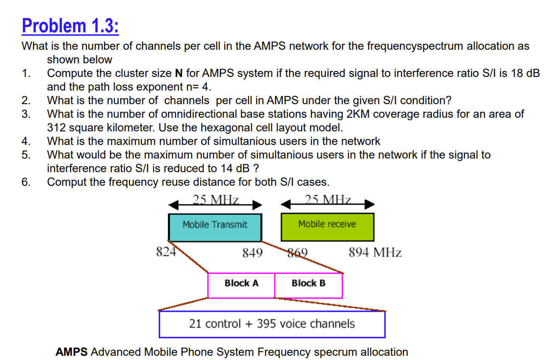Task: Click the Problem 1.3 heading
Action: (x=70, y=26)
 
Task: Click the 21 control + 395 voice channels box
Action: (x=272, y=324)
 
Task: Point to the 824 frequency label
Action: (x=166, y=252)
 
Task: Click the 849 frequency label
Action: (x=252, y=253)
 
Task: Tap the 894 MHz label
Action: (x=375, y=253)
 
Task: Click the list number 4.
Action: (x=26, y=141)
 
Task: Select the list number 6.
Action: (x=26, y=182)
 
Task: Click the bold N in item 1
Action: (x=179, y=73)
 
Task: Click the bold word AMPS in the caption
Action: (x=71, y=352)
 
